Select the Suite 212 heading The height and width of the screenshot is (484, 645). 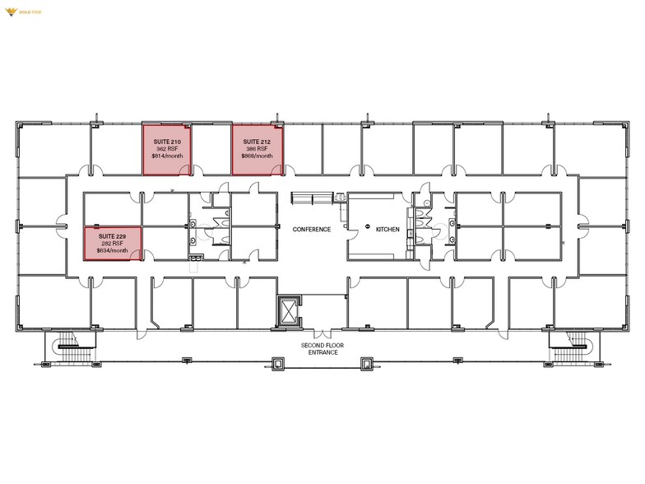(257, 142)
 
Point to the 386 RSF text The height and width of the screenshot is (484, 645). (257, 149)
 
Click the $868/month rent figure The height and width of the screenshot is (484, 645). (257, 156)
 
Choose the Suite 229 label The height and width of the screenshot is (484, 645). (112, 237)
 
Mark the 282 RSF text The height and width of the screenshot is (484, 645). (112, 244)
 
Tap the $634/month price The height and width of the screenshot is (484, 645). (112, 250)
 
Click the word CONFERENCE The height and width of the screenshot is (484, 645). (312, 230)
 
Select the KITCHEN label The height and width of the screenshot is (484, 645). (387, 230)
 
